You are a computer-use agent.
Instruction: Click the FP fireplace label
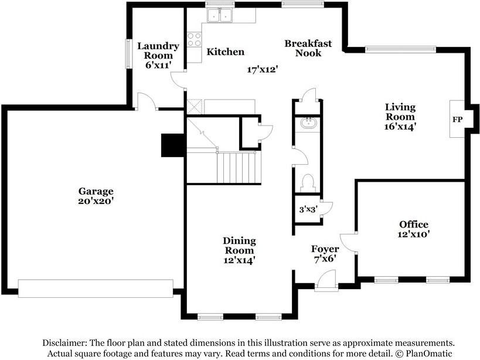click(x=457, y=120)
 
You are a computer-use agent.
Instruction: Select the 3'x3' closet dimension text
click(x=308, y=210)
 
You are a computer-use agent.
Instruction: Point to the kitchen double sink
click(x=220, y=15)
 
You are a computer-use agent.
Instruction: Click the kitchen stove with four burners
click(x=194, y=39)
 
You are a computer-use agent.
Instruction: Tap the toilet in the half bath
click(x=308, y=181)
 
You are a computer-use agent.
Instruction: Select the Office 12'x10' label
click(x=414, y=229)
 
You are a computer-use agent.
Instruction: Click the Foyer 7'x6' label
click(x=325, y=254)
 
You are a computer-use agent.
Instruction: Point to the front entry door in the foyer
click(x=326, y=280)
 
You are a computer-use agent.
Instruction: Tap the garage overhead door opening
click(x=96, y=288)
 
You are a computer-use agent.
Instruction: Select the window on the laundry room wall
click(x=129, y=54)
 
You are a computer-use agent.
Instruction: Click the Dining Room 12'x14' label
click(x=239, y=250)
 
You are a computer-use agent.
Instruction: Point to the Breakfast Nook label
click(x=308, y=48)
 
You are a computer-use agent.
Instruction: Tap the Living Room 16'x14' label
click(x=400, y=117)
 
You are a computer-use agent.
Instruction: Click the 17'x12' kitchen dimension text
click(x=262, y=70)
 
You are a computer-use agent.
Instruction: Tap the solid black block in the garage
click(x=173, y=146)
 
